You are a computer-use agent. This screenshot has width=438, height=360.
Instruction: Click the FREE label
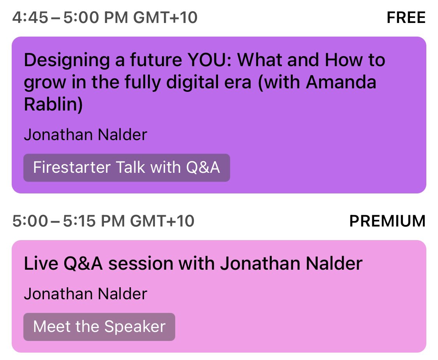tap(406, 18)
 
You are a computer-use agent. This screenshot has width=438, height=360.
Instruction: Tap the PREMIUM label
tap(387, 221)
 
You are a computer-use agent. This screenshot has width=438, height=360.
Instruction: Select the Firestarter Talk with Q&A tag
tap(127, 168)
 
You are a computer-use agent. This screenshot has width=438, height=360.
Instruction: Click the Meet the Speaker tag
tap(99, 327)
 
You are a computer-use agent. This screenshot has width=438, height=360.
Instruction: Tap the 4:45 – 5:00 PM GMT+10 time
tap(105, 18)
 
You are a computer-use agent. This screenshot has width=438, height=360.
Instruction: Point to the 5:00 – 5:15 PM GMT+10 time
tap(103, 221)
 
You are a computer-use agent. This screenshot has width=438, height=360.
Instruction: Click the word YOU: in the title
tap(210, 60)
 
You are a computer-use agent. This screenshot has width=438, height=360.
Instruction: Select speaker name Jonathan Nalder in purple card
tap(86, 135)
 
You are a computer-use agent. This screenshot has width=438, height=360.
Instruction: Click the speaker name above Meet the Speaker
tap(86, 294)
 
